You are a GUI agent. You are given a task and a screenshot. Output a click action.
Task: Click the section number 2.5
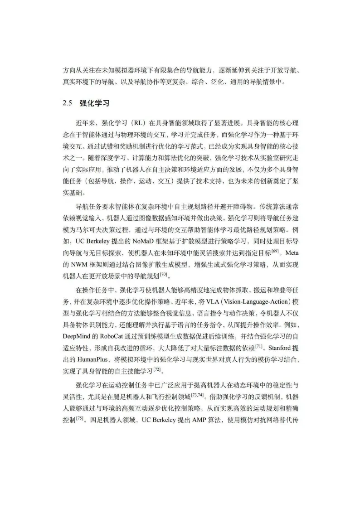68,103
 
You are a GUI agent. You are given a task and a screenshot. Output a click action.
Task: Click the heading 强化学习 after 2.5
94,103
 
